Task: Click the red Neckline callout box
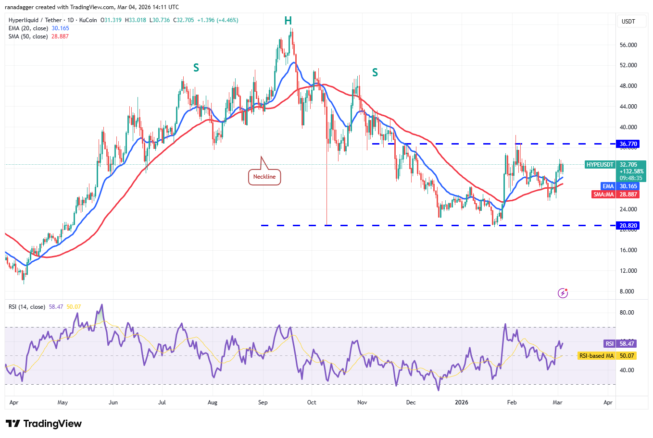[x=264, y=177]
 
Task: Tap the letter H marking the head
[x=288, y=21]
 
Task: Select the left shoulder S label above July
[x=196, y=68]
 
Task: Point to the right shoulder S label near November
[x=375, y=73]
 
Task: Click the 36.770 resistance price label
[x=628, y=144]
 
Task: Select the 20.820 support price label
[x=628, y=226]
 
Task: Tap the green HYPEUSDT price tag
[x=600, y=165]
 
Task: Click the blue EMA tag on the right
[x=608, y=186]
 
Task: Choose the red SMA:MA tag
[x=603, y=195]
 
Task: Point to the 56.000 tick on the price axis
[x=628, y=45]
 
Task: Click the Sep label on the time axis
[x=263, y=402]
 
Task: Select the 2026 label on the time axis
[x=461, y=402]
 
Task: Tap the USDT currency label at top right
[x=628, y=22]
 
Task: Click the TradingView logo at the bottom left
[x=44, y=424]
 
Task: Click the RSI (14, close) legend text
[x=27, y=307]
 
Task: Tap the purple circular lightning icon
[x=563, y=293]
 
